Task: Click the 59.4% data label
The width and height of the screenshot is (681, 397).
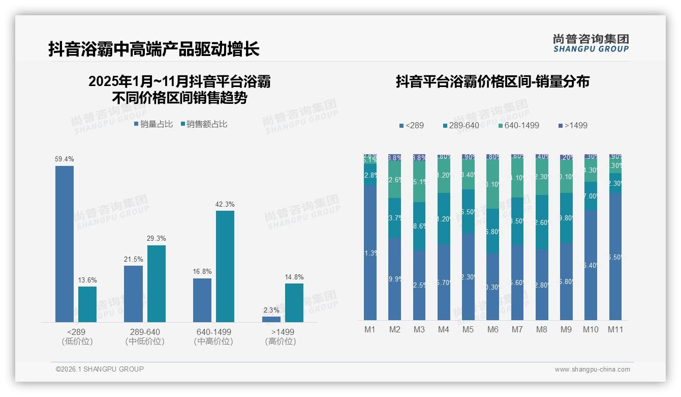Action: tap(65, 159)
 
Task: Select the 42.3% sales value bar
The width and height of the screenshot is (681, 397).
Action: tap(225, 266)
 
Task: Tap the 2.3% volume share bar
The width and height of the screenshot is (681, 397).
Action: tap(271, 319)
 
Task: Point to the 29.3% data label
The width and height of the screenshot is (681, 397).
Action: tap(157, 239)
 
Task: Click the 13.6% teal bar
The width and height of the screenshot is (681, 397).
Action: tap(87, 304)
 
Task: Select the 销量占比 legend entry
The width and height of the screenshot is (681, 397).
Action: tap(153, 124)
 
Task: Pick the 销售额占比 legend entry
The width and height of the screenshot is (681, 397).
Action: tap(204, 124)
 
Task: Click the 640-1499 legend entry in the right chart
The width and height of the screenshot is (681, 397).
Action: tap(518, 125)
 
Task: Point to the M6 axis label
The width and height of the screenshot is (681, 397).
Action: tap(492, 329)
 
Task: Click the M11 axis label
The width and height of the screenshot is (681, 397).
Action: tap(615, 329)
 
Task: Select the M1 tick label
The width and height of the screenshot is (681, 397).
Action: tap(370, 329)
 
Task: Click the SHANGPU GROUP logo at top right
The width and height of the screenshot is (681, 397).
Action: tap(591, 43)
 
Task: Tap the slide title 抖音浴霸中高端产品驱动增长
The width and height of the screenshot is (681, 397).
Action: tap(154, 49)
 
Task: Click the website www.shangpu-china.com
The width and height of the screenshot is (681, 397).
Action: tap(592, 370)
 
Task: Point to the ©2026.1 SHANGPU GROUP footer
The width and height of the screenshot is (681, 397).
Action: tap(100, 369)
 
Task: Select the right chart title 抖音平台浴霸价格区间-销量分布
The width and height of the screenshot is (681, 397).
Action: tap(492, 81)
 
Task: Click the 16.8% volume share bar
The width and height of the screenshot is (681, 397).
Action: tap(202, 300)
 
